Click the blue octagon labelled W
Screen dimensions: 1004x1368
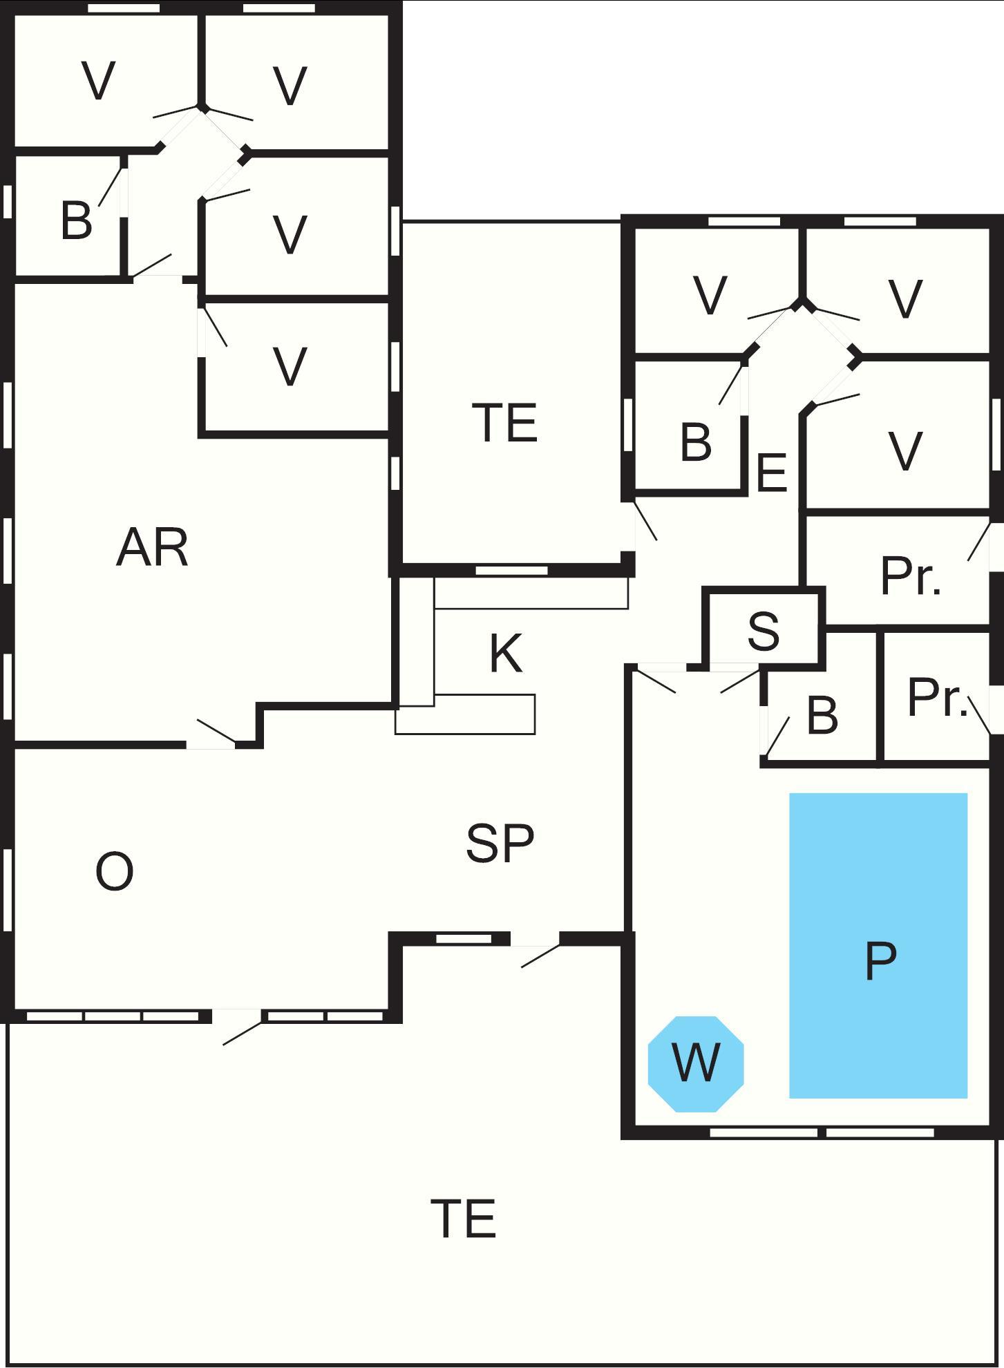[696, 1064]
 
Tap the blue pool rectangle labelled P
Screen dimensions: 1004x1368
[878, 945]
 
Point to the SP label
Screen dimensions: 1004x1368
[500, 843]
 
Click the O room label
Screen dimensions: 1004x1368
[114, 872]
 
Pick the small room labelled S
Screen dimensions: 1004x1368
[764, 630]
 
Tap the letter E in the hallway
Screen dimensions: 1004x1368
[772, 473]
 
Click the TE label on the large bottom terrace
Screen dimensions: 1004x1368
[463, 1219]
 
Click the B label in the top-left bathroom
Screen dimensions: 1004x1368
[76, 220]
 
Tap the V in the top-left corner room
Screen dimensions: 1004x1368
[99, 82]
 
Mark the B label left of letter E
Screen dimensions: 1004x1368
[696, 442]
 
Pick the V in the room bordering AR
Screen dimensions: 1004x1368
[290, 367]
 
